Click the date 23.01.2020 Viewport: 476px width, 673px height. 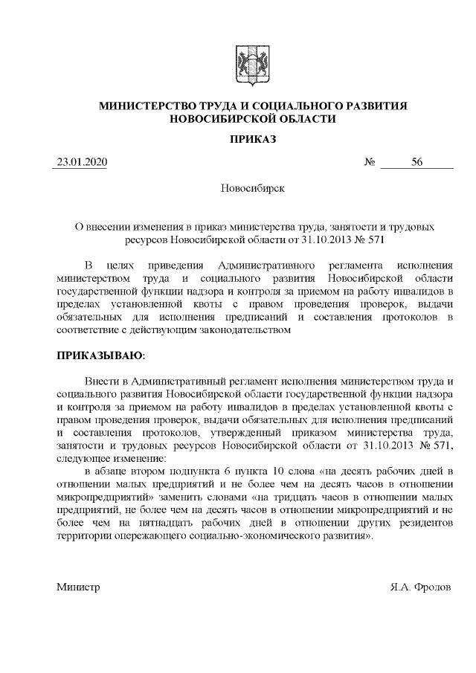coord(80,161)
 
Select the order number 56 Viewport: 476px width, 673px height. coord(416,161)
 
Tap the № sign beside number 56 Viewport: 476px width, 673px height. coord(370,161)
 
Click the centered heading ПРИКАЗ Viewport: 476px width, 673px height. coord(252,139)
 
